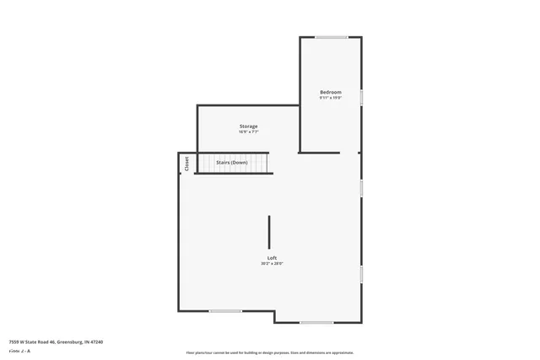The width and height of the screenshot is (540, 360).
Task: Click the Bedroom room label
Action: click(330, 92)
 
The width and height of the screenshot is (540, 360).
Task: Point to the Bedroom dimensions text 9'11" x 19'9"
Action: click(330, 98)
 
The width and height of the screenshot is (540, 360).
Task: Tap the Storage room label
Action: click(248, 126)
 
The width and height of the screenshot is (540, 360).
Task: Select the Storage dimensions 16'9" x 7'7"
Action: click(248, 132)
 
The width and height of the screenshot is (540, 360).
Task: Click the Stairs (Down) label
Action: click(232, 162)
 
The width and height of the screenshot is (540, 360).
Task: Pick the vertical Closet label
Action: click(186, 164)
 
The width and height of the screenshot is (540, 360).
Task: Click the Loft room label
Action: click(272, 257)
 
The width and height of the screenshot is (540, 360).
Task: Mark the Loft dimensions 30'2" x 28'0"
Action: click(272, 263)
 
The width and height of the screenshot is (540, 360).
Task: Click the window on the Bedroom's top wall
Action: click(332, 37)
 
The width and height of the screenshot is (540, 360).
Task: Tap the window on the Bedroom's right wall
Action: click(361, 97)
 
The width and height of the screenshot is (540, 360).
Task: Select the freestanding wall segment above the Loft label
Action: click(270, 231)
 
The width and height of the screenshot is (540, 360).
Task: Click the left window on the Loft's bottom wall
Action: click(225, 311)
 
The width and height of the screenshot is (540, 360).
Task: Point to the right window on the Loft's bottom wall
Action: click(316, 323)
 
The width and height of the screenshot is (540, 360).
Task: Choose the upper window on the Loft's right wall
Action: click(361, 187)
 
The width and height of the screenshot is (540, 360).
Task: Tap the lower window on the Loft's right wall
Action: click(361, 274)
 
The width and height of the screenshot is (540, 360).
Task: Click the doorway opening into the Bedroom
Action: click(348, 153)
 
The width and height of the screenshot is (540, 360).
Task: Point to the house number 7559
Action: click(14, 342)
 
